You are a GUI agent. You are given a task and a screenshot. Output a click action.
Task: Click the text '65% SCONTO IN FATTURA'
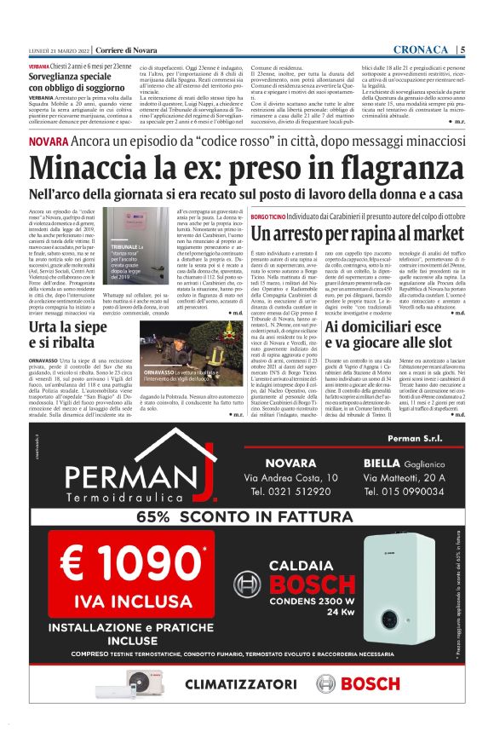pos(246,516)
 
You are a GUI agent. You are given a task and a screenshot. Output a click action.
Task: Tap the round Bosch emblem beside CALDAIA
pos(247,585)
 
